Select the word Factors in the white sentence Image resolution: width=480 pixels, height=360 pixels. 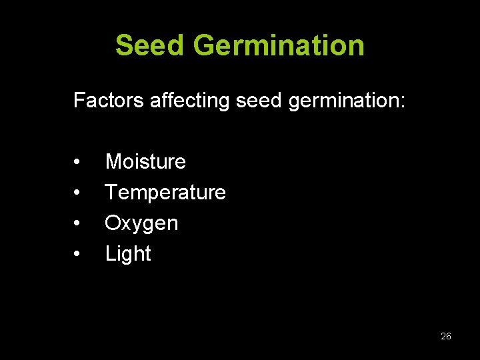coord(109,101)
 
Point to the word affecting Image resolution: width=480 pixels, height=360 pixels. coord(191,101)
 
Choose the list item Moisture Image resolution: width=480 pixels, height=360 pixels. coord(145,161)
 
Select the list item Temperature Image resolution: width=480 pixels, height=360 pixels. coord(165,193)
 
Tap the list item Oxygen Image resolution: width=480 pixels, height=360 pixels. coord(141,223)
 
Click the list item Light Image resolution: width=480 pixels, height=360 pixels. coord(128,254)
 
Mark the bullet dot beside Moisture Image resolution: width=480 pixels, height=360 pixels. coord(78,162)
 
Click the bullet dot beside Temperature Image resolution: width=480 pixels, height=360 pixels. coord(78,193)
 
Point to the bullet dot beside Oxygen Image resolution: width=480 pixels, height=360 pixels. coord(78,223)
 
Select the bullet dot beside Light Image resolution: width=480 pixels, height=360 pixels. coord(78,254)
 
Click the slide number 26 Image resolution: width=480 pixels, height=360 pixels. coord(446,336)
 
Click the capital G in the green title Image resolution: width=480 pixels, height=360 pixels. coord(205,45)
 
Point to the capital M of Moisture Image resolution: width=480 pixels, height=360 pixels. coord(113,161)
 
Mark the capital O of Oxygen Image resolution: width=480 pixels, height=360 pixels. coord(113,223)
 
